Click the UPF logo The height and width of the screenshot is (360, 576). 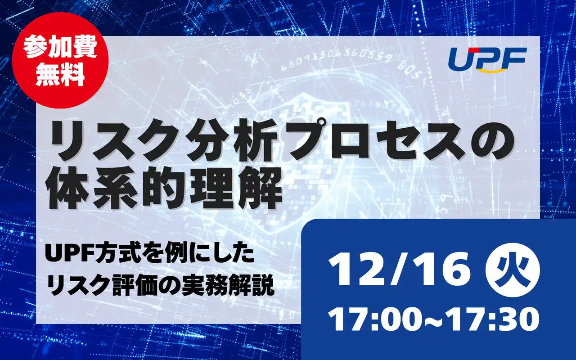(x=488, y=58)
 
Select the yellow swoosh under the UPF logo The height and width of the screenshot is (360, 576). (x=499, y=69)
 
